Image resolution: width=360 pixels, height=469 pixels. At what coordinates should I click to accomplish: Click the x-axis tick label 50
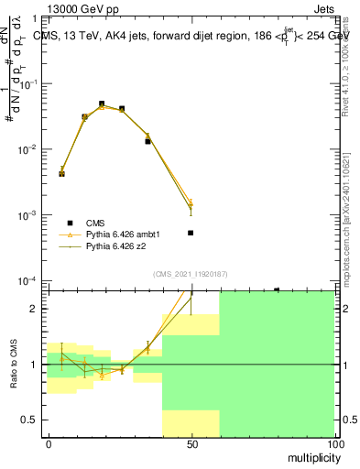pos(191,443)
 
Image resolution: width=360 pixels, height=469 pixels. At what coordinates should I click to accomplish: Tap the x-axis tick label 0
pos(48,443)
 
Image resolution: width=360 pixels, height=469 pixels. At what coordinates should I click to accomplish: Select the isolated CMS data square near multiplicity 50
pos(191,233)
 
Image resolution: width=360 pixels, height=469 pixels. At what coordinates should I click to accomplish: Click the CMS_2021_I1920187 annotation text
pos(190,274)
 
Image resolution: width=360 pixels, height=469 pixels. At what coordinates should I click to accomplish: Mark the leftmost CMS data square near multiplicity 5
pos(61,173)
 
